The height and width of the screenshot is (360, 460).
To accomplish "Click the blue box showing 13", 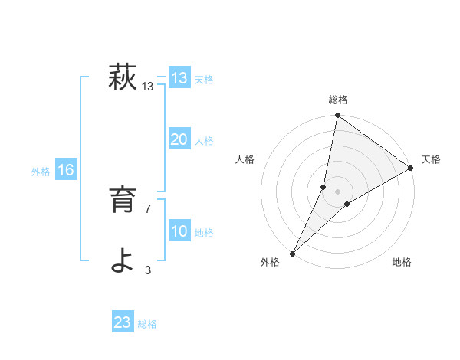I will [x=179, y=78].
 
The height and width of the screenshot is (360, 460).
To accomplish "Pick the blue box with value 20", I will [x=179, y=139].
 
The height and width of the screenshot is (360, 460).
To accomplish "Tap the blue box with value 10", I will [x=179, y=231].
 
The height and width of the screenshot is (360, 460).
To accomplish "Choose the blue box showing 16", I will [x=66, y=170].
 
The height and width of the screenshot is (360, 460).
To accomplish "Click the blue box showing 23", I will [x=123, y=322].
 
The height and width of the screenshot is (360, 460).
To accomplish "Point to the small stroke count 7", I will [x=148, y=208].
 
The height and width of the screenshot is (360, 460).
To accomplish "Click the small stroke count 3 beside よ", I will [x=148, y=270].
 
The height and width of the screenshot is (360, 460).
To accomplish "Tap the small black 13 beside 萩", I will [x=148, y=87].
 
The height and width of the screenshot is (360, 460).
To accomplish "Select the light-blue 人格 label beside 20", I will [x=204, y=141].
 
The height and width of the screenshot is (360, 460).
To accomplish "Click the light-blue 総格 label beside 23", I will [x=147, y=324].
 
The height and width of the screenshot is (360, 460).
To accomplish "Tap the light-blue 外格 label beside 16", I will [x=41, y=172].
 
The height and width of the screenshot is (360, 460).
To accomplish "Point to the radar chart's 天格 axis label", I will [x=431, y=159].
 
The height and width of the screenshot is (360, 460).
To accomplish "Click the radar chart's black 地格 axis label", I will [x=402, y=263].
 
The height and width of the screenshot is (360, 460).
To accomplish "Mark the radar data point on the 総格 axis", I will [x=337, y=116].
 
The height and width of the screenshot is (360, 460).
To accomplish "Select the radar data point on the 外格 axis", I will [x=293, y=253].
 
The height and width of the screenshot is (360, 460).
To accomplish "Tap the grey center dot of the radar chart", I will [x=337, y=191].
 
